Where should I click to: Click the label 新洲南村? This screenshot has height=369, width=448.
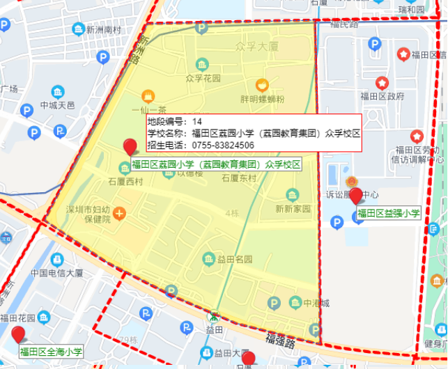104,30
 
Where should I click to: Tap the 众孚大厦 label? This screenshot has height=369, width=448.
257,47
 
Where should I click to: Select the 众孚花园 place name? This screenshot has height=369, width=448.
203,79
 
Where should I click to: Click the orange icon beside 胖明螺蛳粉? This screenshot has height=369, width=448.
262,86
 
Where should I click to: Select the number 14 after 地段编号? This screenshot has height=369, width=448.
197,121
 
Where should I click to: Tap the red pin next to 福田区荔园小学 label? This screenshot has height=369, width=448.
130,148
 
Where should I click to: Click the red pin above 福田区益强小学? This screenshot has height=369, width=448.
357,196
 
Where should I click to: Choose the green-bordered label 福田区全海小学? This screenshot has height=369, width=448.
51,352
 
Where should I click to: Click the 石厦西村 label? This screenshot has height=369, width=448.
125,182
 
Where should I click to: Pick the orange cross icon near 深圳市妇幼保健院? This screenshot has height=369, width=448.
120,212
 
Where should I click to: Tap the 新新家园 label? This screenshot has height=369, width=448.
293,208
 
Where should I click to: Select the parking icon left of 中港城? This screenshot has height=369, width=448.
275,303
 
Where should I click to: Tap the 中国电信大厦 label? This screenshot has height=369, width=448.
57,273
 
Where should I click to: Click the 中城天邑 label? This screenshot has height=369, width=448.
57,106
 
